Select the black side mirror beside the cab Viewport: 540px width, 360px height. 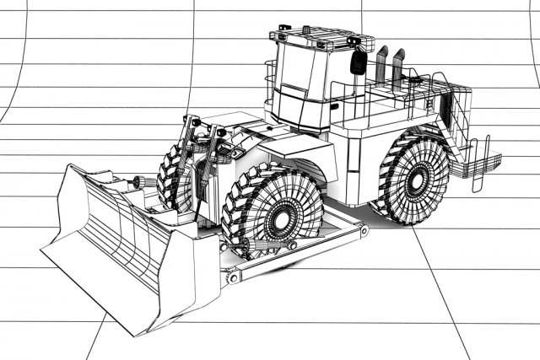click(x=358, y=63)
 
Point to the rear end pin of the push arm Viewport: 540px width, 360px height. click(x=364, y=228)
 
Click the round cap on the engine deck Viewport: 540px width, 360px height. click(x=413, y=81)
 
